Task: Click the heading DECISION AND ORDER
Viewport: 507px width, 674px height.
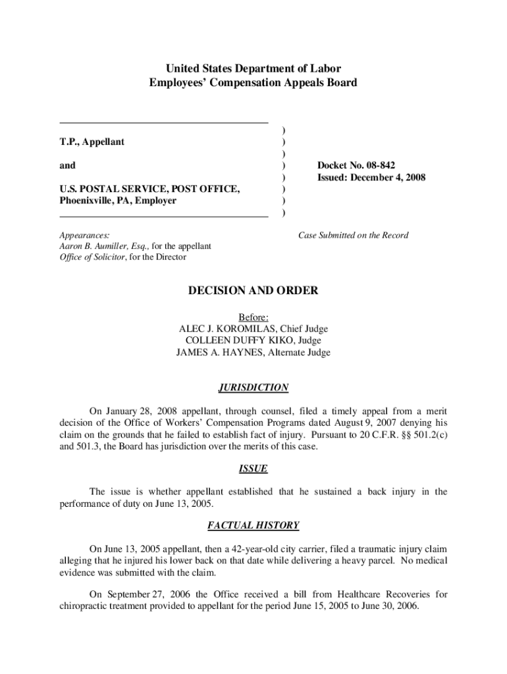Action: click(254, 290)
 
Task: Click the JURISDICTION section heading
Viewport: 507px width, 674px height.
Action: click(254, 388)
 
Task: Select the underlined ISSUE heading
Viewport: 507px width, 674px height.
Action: click(254, 469)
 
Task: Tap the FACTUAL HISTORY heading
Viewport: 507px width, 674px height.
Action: click(254, 525)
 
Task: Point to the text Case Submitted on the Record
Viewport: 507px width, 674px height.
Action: click(353, 235)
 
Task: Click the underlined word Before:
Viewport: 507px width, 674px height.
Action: click(254, 317)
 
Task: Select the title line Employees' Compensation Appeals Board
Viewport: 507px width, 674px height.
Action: click(254, 83)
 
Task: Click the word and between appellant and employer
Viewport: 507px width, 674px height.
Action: click(67, 165)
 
